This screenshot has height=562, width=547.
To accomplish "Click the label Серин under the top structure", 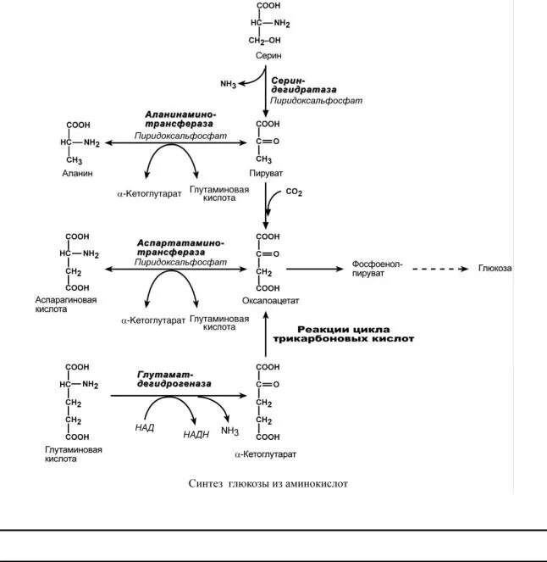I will (266, 54).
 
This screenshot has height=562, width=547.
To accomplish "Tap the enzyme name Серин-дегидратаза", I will (303, 86).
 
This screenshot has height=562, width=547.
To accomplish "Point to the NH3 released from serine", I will (228, 84).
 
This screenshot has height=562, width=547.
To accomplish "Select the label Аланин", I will (76, 173).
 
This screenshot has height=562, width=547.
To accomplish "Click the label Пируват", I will (268, 173).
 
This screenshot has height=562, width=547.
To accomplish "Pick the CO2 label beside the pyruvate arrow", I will (294, 192).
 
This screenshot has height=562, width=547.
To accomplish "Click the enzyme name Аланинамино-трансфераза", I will (180, 118).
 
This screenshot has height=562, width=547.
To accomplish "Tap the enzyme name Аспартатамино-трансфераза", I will (180, 248).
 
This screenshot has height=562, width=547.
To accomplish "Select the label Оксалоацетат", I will (271, 300).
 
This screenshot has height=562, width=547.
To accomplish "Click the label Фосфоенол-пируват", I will (377, 269).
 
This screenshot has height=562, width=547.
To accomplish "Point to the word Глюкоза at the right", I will (495, 269).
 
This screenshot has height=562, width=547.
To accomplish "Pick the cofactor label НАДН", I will (196, 434).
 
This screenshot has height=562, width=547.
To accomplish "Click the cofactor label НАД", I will (144, 429).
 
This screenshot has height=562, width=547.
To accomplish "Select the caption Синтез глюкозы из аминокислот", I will (268, 483).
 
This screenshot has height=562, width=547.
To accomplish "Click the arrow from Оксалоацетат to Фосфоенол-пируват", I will (313, 269).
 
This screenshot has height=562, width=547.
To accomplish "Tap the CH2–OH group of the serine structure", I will (265, 40).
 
